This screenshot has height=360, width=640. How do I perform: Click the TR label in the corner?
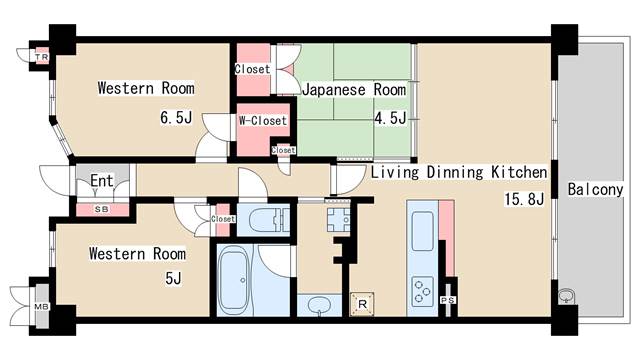[x=41, y=58]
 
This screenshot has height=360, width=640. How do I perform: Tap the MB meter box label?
[x=41, y=306]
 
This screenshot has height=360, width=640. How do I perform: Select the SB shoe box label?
[x=101, y=210]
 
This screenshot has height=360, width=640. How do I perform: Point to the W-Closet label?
[x=262, y=121]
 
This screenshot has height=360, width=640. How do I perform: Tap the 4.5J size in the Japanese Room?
[x=389, y=118]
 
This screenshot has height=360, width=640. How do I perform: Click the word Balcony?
[x=595, y=189]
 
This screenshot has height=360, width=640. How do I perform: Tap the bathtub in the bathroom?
[x=238, y=280]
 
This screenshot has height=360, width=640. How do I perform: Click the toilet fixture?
[x=268, y=220]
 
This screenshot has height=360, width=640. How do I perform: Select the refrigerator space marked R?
[x=362, y=304]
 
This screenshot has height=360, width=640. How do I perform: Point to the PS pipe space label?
[x=447, y=298]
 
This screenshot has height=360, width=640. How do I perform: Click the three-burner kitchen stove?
[x=418, y=289]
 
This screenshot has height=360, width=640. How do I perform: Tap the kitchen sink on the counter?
[x=420, y=226]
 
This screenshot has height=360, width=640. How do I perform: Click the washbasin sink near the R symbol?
[x=317, y=303]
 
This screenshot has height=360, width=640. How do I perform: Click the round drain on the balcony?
[x=567, y=296]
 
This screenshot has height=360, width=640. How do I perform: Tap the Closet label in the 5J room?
[x=223, y=218]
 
